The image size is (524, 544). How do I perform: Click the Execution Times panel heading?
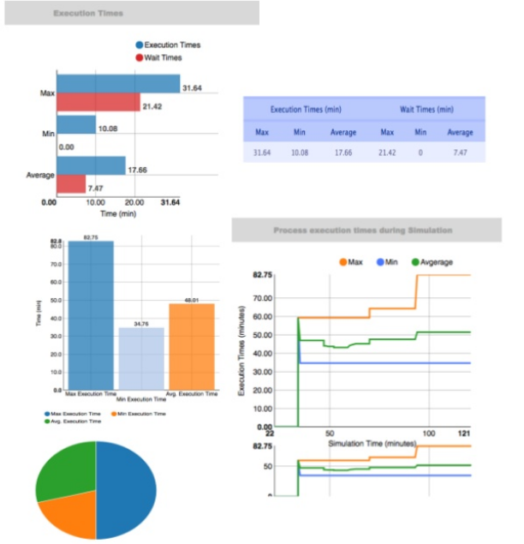coord(88,14)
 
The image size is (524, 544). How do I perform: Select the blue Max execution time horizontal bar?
coord(118,83)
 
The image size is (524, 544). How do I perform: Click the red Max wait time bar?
coord(98,102)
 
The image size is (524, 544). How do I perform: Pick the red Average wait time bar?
coord(71,184)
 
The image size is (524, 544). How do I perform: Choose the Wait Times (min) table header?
coord(426,110)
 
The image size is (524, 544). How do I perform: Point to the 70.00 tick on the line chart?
coord(259,298)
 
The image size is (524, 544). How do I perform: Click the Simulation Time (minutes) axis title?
coord(367,444)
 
